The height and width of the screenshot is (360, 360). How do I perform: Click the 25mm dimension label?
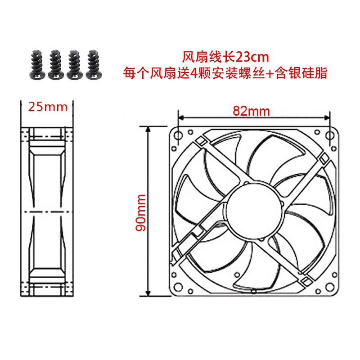tap(47, 107)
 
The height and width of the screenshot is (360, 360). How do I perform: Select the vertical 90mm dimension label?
tap(141, 212)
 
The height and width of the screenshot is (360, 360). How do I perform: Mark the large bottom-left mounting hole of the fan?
tap(178, 287)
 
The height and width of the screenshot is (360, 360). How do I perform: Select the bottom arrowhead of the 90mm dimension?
tap(147, 293)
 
